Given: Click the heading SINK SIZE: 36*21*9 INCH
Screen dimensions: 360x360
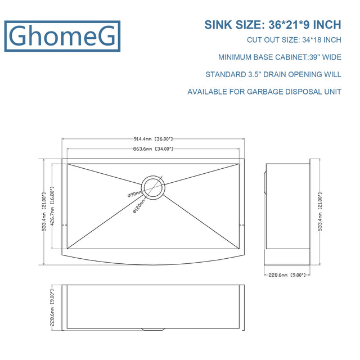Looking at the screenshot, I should pyautogui.click(x=272, y=25).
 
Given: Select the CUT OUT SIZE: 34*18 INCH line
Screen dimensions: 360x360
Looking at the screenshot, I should pyautogui.click(x=294, y=40).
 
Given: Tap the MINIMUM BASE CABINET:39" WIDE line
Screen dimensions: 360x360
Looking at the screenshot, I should pyautogui.click(x=280, y=57).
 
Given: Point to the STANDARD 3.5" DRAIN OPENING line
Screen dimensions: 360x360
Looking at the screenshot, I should pyautogui.click(x=273, y=74).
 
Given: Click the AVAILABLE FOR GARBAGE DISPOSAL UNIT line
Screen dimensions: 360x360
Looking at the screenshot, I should pyautogui.click(x=264, y=91).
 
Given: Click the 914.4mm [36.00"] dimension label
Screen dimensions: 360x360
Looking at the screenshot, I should pyautogui.click(x=153, y=138).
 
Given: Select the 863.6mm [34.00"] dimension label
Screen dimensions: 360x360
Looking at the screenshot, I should pyautogui.click(x=153, y=149).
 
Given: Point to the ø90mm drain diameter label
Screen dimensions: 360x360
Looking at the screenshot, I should pyautogui.click(x=136, y=195).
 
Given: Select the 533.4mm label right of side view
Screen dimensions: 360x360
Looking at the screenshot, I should pyautogui.click(x=320, y=211).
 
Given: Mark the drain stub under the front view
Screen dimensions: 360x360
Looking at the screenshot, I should pyautogui.click(x=153, y=329).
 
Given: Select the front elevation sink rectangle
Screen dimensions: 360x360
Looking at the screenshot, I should pyautogui.click(x=153, y=306).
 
